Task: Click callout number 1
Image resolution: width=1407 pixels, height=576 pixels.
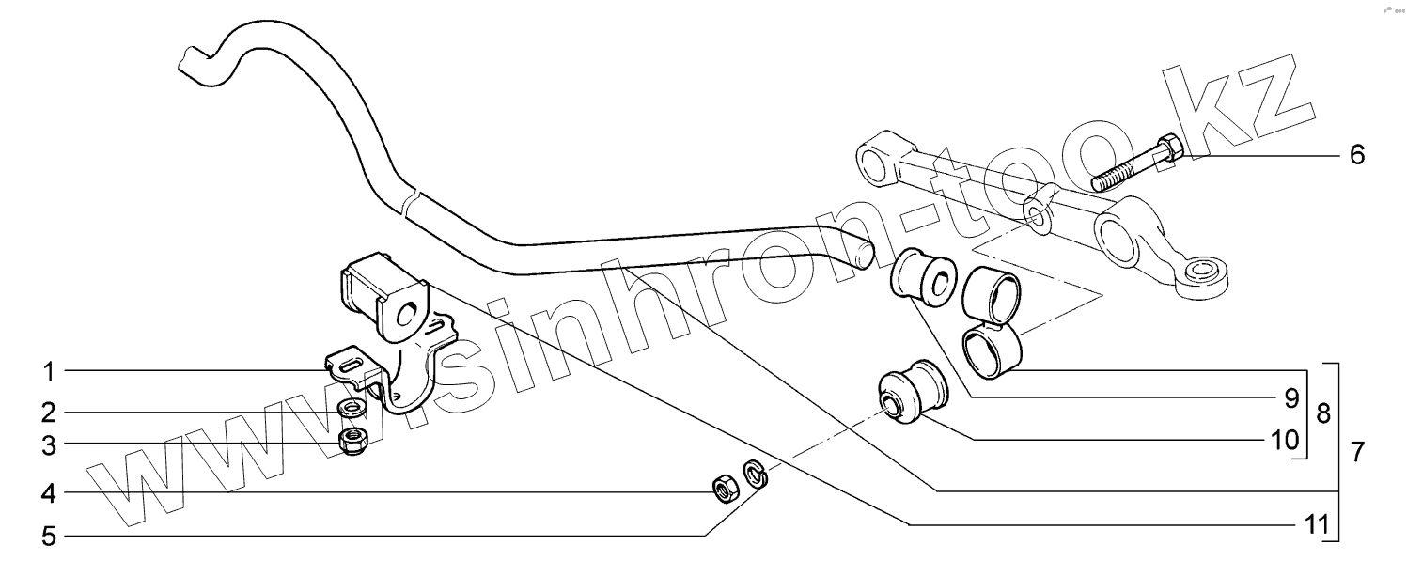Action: [48, 372]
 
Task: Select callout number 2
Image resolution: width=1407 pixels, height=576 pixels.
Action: [48, 412]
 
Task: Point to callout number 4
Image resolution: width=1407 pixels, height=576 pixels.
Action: [48, 492]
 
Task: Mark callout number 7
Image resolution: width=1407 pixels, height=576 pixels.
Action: [1356, 452]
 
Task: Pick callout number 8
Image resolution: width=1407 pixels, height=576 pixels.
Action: [1322, 414]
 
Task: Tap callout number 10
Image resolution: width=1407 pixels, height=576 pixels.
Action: [1284, 439]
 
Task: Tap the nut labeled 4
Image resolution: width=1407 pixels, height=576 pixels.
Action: [724, 489]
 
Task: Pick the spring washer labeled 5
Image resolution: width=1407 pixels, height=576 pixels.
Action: [755, 474]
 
